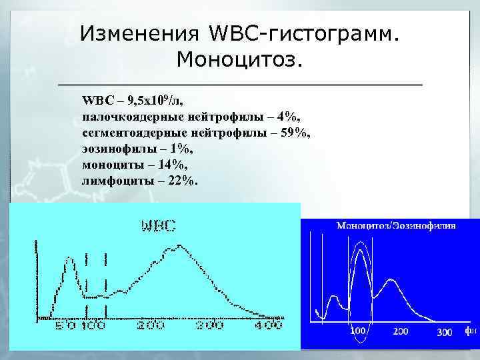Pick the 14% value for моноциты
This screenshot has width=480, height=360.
pos(171,165)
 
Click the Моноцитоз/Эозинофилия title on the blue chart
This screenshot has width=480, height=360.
pos(396,226)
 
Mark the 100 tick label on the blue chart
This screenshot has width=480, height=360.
pos(358,331)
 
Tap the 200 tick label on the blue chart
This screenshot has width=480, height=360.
pos(401,331)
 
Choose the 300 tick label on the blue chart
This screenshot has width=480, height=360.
pos(445,331)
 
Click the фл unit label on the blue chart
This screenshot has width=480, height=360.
pos(470,330)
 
